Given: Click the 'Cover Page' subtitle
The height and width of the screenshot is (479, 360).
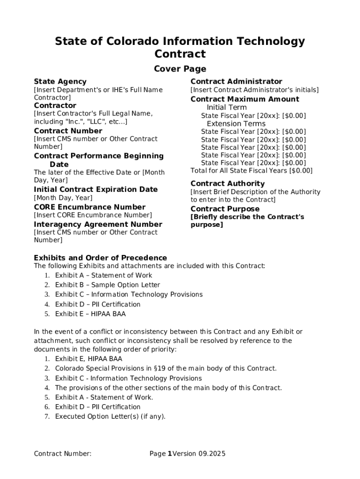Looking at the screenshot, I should pyautogui.click(x=180, y=69).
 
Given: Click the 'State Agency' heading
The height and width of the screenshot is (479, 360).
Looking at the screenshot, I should pyautogui.click(x=60, y=81).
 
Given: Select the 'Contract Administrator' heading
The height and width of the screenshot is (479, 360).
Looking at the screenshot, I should pyautogui.click(x=236, y=81).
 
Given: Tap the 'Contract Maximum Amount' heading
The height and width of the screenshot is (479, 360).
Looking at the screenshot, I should pyautogui.click(x=245, y=99).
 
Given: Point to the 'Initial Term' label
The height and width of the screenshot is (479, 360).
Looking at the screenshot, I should pyautogui.click(x=227, y=108).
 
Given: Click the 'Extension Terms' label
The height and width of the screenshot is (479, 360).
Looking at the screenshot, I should pyautogui.click(x=236, y=123).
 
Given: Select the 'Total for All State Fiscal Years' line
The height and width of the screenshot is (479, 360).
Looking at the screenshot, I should pyautogui.click(x=252, y=171).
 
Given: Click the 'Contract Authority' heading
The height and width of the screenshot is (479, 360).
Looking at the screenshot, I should pyautogui.click(x=227, y=184).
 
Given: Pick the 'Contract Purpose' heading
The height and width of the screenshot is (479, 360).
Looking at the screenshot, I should pyautogui.click(x=225, y=209).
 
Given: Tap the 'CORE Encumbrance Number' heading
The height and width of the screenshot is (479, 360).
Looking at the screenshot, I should pyautogui.click(x=90, y=207).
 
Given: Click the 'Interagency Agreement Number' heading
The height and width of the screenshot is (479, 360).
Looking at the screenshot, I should pyautogui.click(x=98, y=225).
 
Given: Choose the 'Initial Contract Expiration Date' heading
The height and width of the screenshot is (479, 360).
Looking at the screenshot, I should pyautogui.click(x=96, y=189).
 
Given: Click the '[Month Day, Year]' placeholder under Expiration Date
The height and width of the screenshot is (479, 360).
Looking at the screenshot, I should pyautogui.click(x=63, y=198).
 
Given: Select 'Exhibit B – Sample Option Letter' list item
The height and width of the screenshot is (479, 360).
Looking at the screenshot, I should pyautogui.click(x=108, y=285).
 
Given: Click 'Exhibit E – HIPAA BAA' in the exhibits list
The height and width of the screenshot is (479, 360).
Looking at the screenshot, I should pyautogui.click(x=90, y=314).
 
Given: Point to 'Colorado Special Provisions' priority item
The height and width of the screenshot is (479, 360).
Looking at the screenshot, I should pyautogui.click(x=166, y=369).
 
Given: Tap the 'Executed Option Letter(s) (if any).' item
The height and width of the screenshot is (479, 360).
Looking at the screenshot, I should pyautogui.click(x=110, y=416).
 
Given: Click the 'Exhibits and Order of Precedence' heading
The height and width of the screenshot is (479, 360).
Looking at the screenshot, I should pyautogui.click(x=101, y=258).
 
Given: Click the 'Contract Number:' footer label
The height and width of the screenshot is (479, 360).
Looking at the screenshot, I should pyautogui.click(x=63, y=453).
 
